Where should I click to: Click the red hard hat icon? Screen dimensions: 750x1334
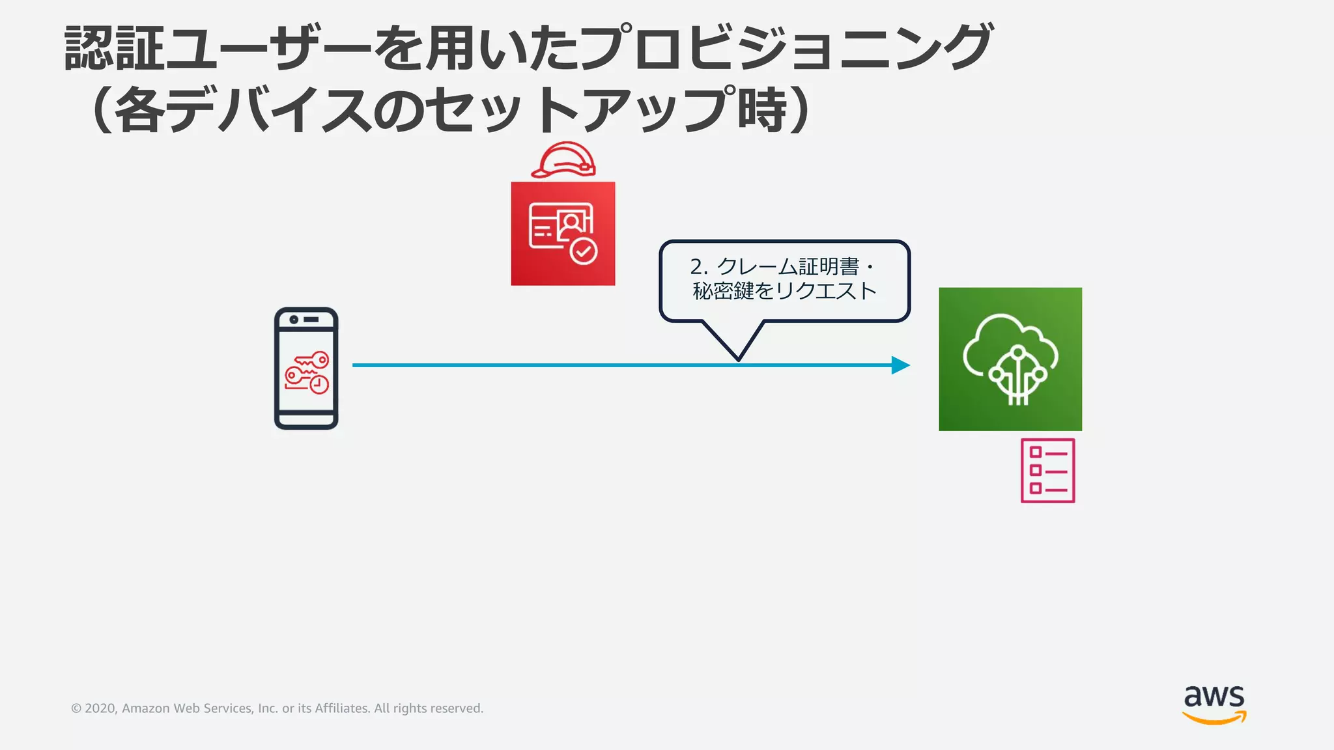[x=563, y=160]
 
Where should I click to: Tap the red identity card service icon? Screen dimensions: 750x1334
[x=563, y=233]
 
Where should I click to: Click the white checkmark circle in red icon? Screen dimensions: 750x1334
[x=584, y=251]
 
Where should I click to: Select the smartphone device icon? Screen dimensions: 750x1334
[x=306, y=368]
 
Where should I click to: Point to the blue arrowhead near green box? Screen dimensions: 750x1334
[x=900, y=365]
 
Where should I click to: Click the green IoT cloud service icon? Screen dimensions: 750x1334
[x=1010, y=359]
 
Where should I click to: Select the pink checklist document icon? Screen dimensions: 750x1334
[x=1047, y=471]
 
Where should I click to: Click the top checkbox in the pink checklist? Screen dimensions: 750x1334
[x=1035, y=452]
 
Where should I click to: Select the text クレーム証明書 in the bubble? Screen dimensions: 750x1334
[x=788, y=266]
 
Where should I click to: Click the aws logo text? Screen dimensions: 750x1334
[x=1214, y=697]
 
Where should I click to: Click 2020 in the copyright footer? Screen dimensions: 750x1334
[x=100, y=708]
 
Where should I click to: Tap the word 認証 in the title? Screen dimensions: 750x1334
[x=115, y=49]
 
